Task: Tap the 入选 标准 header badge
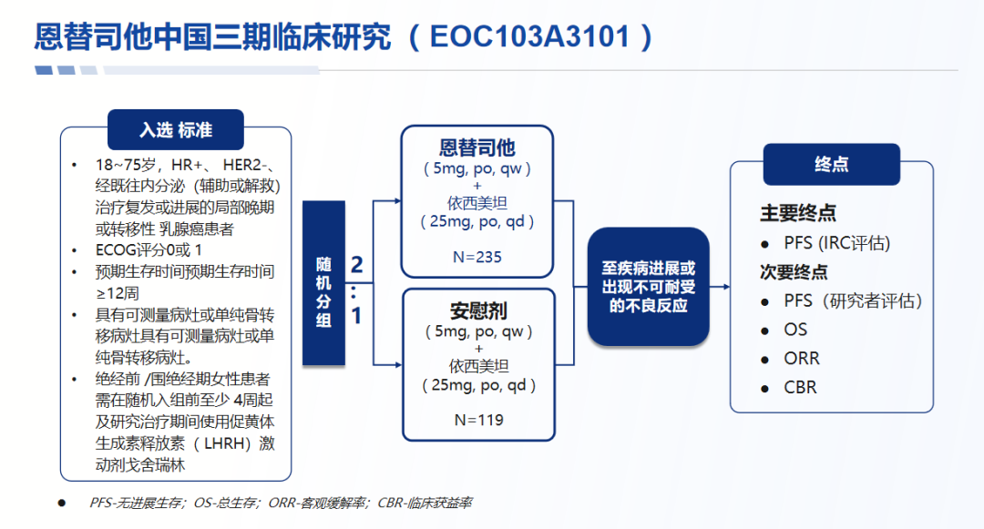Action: tap(176, 130)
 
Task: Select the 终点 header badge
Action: tap(831, 165)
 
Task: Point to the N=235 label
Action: tap(477, 257)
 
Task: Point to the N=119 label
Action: tap(477, 420)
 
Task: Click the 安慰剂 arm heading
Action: tap(477, 310)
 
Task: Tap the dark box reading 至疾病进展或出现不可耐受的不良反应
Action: tap(648, 287)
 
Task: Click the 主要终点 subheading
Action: tap(798, 213)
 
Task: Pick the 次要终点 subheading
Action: tap(794, 271)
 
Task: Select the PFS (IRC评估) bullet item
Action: tap(836, 243)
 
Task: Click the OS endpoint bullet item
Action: tap(795, 330)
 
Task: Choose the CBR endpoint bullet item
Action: tap(800, 388)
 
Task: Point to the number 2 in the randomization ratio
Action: tap(357, 265)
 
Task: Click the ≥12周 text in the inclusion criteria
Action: tap(118, 293)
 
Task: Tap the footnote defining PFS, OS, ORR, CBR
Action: tap(281, 503)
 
